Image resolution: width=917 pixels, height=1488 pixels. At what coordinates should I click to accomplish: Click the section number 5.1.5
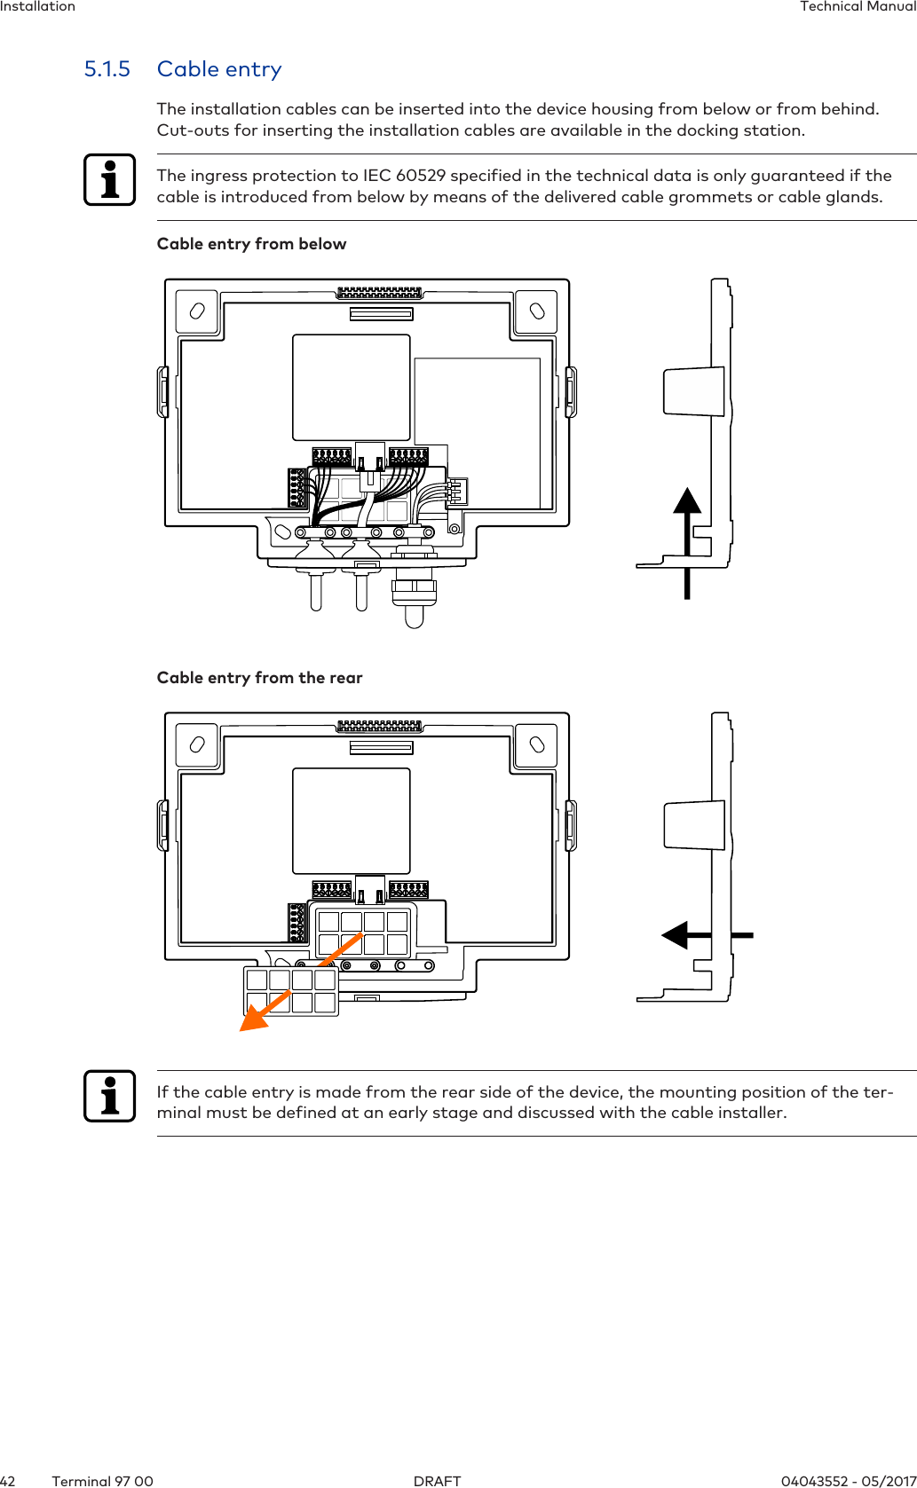click(x=107, y=69)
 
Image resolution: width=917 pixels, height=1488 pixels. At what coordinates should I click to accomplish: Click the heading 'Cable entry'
click(x=219, y=69)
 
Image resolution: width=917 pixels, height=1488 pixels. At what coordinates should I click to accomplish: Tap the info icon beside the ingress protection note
click(x=110, y=180)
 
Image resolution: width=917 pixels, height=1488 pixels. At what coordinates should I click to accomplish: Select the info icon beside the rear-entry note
click(x=110, y=1096)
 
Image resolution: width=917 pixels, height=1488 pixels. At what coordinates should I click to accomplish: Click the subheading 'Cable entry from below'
click(x=251, y=244)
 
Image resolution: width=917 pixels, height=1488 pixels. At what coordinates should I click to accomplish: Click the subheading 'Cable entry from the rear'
click(x=259, y=678)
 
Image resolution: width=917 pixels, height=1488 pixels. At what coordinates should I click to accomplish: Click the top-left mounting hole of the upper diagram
click(x=197, y=311)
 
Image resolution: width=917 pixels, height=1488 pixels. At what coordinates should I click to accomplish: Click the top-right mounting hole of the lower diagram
click(x=536, y=744)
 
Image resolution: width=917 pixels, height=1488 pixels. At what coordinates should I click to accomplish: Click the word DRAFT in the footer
click(x=437, y=1481)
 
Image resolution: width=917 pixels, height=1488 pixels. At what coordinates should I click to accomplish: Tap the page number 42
click(x=8, y=1481)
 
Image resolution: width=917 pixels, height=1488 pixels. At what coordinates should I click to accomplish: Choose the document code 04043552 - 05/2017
click(x=848, y=1481)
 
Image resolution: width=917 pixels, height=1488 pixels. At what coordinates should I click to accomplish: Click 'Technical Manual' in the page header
click(x=858, y=7)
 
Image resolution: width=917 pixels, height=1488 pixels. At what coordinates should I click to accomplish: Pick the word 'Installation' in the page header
click(x=37, y=7)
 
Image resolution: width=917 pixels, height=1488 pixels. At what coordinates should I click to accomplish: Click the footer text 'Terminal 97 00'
click(x=102, y=1481)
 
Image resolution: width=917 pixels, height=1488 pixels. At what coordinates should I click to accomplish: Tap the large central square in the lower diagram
click(x=352, y=821)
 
